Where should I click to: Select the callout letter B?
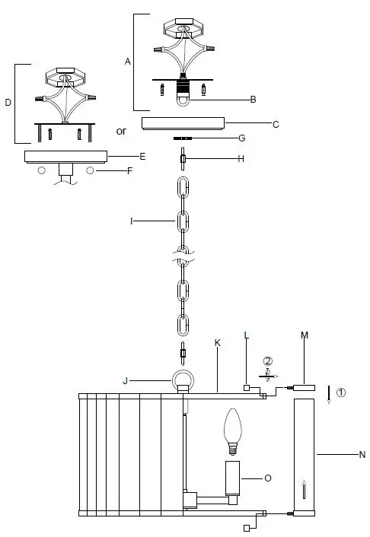(x=254, y=100)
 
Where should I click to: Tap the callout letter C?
(x=276, y=123)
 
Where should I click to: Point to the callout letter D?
(x=8, y=101)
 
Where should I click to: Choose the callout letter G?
(x=241, y=139)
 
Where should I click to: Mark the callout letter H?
(x=241, y=159)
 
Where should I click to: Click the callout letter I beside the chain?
(x=132, y=221)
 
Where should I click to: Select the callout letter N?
(x=362, y=455)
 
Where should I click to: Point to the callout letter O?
(x=267, y=478)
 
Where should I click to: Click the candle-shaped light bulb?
(x=233, y=431)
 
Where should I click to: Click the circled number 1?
(x=341, y=393)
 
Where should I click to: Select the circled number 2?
(x=267, y=361)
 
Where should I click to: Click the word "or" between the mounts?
(x=121, y=131)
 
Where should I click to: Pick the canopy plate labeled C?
(x=183, y=122)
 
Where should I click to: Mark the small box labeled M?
(x=305, y=387)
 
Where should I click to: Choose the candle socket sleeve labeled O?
(x=233, y=478)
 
